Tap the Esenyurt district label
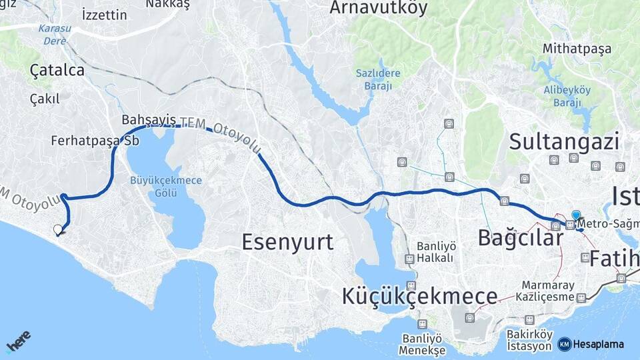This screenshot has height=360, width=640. (x=287, y=241)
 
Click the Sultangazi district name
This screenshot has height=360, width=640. (x=564, y=141)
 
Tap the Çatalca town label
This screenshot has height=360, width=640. (x=57, y=70)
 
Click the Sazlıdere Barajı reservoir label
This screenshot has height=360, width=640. (x=378, y=79)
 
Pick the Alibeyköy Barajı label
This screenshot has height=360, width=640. (x=567, y=97)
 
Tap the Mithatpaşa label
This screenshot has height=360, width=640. (x=577, y=48)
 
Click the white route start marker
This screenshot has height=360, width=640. (x=58, y=230)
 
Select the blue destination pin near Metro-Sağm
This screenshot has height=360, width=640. (x=576, y=215)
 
